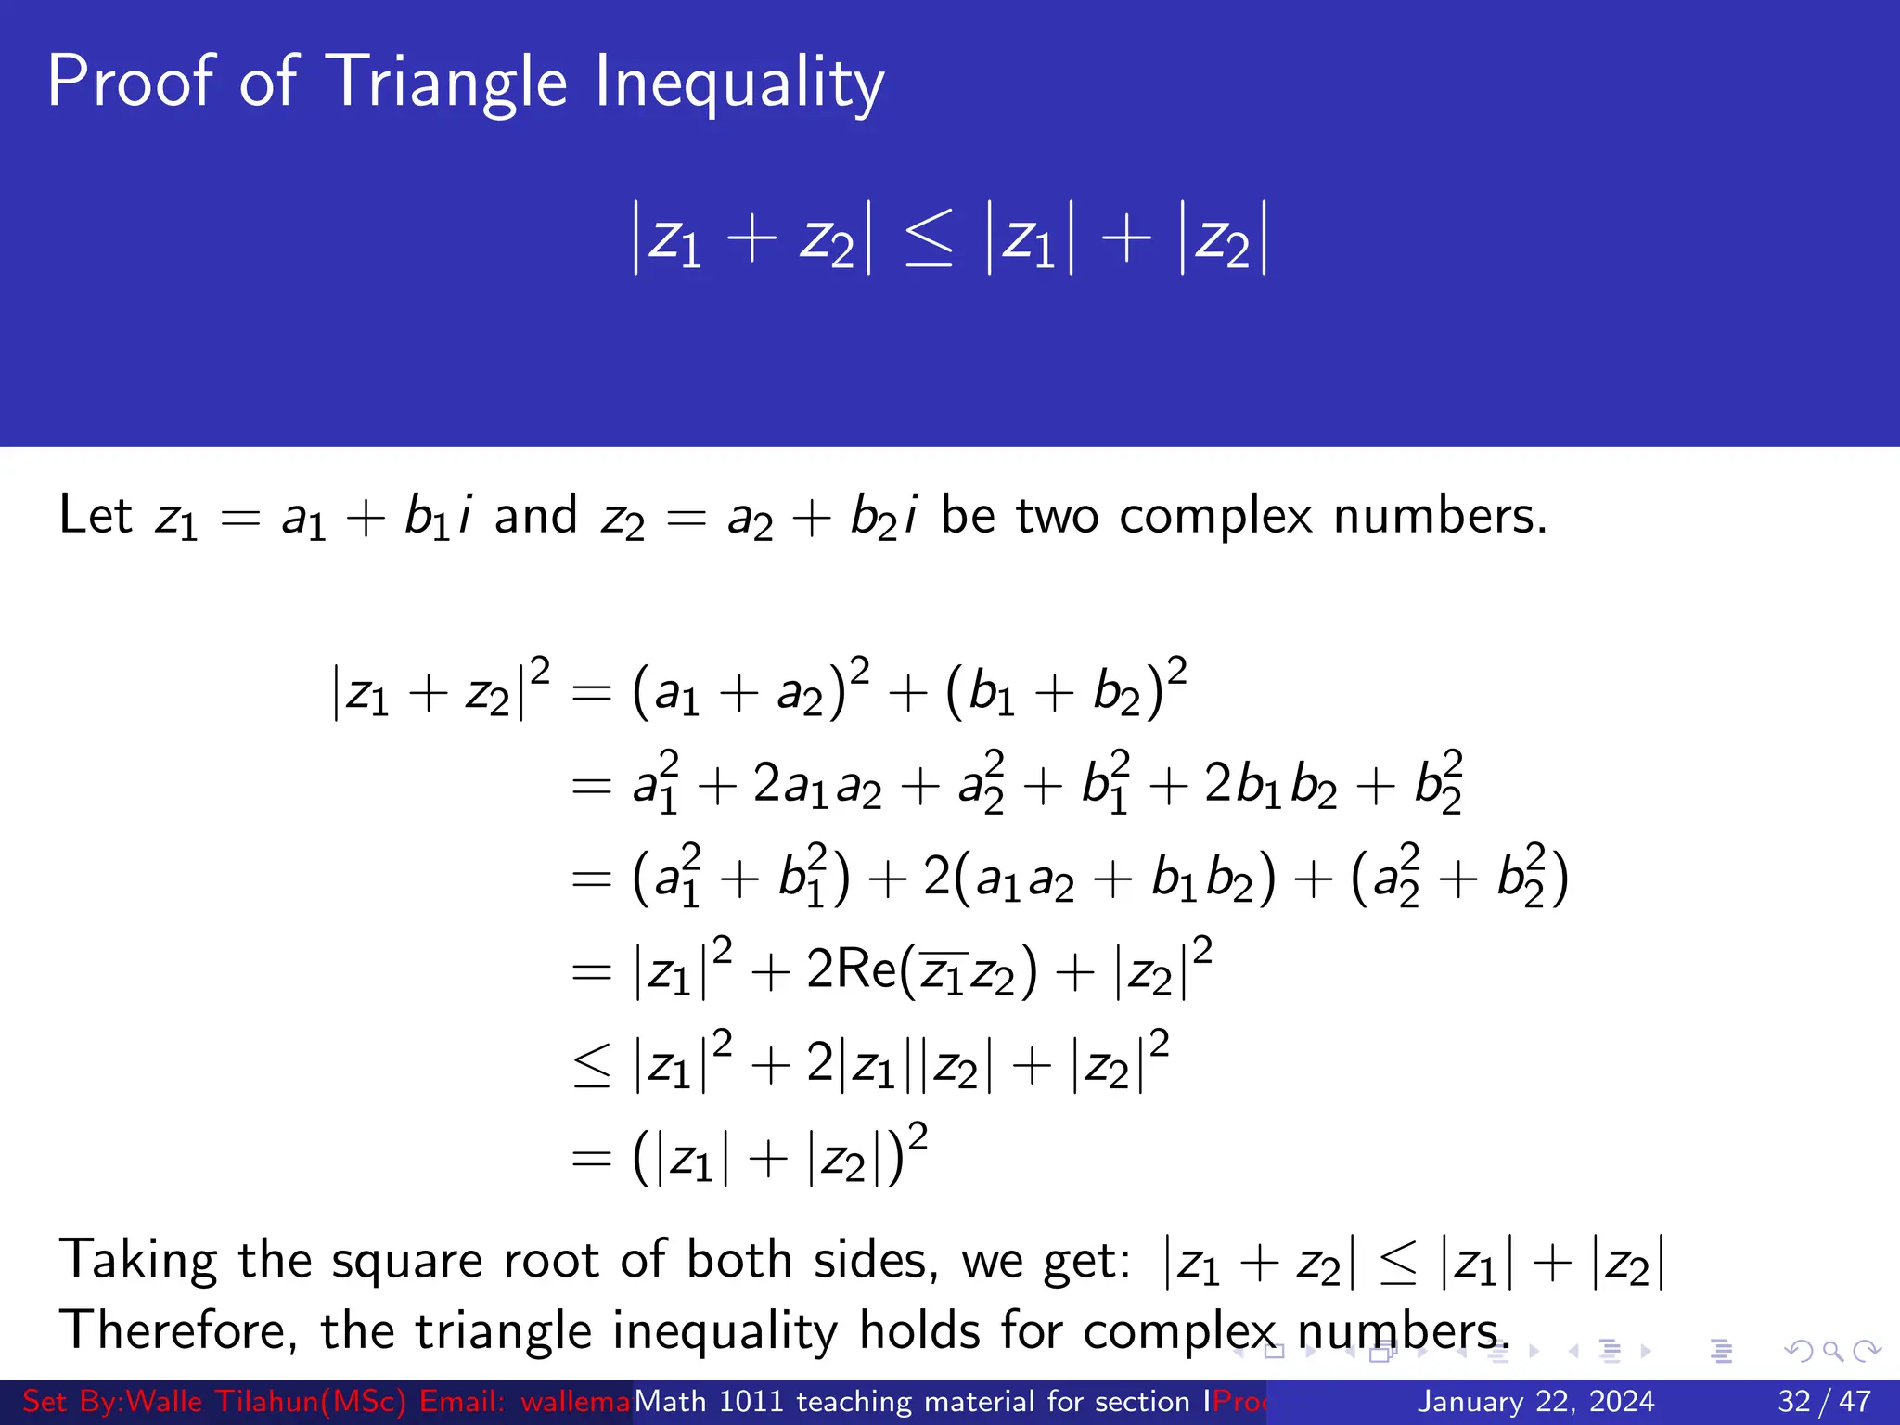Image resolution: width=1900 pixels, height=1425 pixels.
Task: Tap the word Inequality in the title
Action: [x=739, y=83]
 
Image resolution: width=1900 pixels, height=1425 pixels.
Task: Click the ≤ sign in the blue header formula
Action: [x=929, y=239]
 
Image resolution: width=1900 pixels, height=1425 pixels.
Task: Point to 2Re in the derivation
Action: [x=852, y=970]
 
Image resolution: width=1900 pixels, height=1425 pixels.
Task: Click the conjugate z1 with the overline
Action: [x=944, y=973]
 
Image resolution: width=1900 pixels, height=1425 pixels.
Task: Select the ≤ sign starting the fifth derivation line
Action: [x=592, y=1065]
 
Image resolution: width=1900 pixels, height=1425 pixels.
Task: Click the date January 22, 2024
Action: [x=1535, y=1401]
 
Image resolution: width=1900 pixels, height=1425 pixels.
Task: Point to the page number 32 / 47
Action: [x=1823, y=1401]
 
